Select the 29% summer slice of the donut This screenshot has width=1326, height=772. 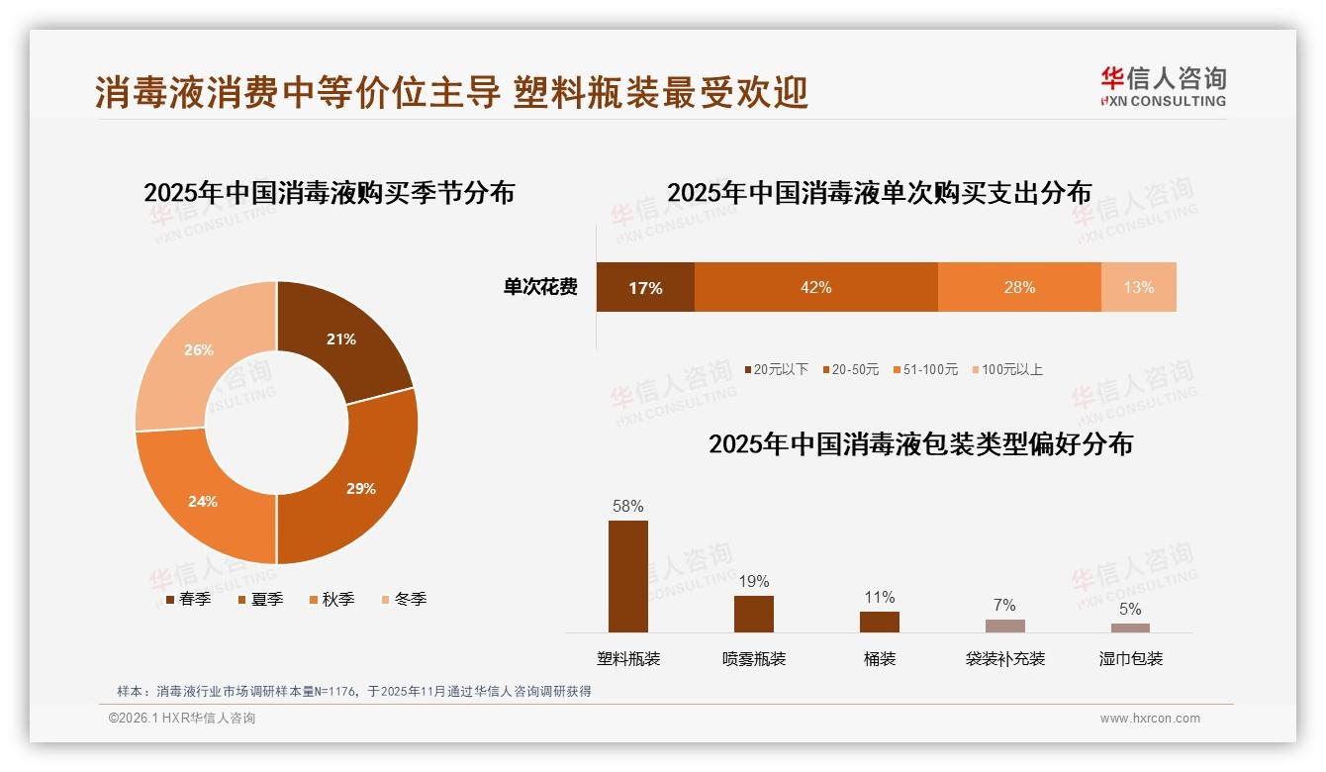coord(360,488)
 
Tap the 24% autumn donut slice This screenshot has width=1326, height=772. coord(203,501)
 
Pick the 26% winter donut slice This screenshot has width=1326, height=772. coord(199,350)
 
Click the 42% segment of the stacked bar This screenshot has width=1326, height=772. coord(815,287)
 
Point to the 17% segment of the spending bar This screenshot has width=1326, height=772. coord(645,287)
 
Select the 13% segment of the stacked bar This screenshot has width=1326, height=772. coord(1138,287)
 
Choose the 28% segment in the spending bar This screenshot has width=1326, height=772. coord(1019,287)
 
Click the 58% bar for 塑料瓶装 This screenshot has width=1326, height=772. coord(628,576)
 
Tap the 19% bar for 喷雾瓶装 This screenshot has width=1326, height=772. coord(754,614)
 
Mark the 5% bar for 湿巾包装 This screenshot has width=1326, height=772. coord(1130,627)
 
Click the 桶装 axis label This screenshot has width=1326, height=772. coord(880,658)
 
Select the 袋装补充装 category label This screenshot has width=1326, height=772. coord(1005,658)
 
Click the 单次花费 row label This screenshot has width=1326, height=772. coord(540,287)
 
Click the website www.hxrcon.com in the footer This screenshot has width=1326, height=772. coord(1150,719)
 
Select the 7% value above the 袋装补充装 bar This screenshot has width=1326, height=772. coord(1004,606)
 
